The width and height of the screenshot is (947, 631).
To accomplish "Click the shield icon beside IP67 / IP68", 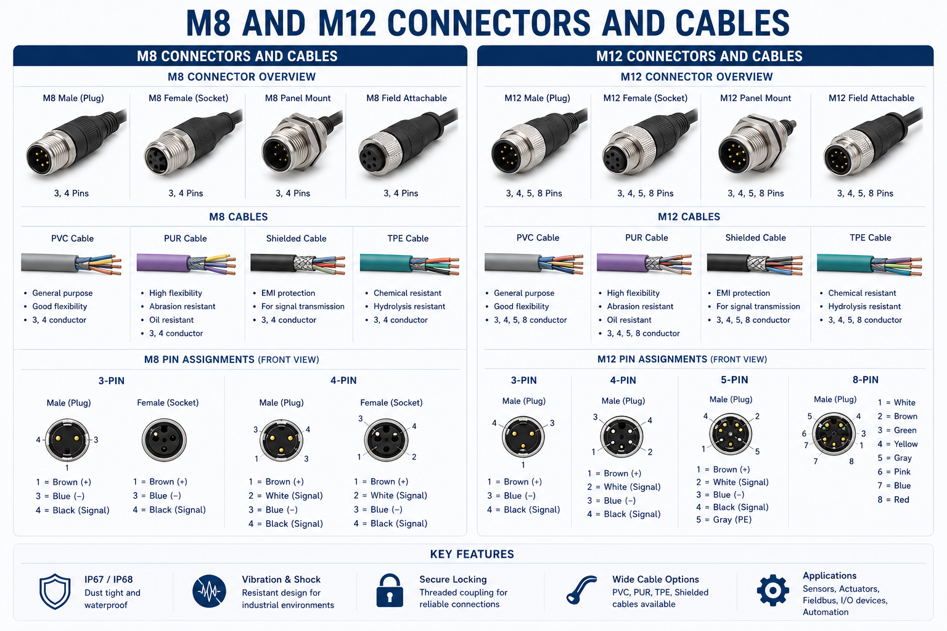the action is click(55, 592).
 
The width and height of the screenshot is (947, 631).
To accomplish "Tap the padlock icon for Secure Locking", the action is click(390, 590).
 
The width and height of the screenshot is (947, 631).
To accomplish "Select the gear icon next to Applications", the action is click(773, 590).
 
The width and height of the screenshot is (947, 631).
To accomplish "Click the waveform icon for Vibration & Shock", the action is click(209, 591).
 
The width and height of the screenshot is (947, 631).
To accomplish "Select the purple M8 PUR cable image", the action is click(186, 264).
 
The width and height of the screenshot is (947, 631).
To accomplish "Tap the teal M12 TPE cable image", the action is click(869, 264).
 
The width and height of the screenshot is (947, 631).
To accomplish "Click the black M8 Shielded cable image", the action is click(298, 264).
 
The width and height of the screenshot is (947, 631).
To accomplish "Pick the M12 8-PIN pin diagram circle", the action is click(834, 434).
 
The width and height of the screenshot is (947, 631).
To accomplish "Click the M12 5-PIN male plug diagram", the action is click(731, 434).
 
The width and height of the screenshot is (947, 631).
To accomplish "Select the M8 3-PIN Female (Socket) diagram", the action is click(164, 440).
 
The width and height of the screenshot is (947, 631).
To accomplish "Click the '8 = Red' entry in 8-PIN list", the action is click(893, 500).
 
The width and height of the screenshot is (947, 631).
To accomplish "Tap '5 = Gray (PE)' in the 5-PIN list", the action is click(724, 519).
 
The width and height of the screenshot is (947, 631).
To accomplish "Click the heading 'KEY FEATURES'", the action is click(472, 554).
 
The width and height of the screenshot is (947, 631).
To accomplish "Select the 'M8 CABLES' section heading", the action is click(239, 217).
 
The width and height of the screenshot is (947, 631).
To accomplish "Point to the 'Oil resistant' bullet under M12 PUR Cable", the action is click(629, 320).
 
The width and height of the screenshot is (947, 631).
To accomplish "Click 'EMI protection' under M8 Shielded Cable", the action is click(288, 293).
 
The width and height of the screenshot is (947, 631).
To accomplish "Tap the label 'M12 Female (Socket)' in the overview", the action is click(645, 98).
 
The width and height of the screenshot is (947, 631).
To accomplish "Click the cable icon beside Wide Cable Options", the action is click(581, 590).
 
